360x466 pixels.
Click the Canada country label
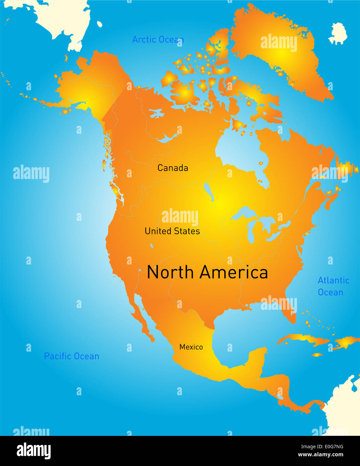pyautogui.click(x=173, y=168)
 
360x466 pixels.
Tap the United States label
pyautogui.click(x=172, y=231)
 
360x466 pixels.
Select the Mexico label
pyautogui.click(x=191, y=347)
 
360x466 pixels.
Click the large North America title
pyautogui.click(x=207, y=272)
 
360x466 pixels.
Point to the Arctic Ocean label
pyautogui.click(x=158, y=40)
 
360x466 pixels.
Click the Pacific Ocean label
pyautogui.click(x=71, y=356)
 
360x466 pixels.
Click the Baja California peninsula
pyautogui.click(x=142, y=322)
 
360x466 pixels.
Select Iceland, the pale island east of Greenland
pyautogui.click(x=338, y=34)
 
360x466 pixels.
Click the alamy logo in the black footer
pyautogui.click(x=34, y=451)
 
